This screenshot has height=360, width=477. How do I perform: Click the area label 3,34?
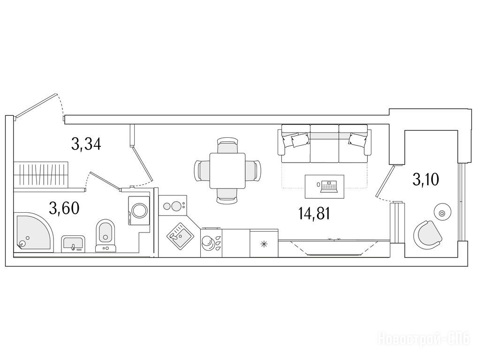click(86, 144)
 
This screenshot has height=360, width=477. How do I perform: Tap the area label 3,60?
click(64, 208)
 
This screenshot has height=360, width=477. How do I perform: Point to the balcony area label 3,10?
click(425, 180)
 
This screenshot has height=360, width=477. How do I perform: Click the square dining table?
click(227, 171)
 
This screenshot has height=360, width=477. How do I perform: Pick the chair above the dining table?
click(227, 146)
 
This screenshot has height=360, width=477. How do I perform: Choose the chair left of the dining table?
click(202, 171)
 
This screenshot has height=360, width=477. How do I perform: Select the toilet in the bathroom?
click(106, 236)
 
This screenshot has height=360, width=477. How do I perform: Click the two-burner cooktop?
click(173, 206)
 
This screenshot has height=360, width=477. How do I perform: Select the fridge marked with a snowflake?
click(264, 243)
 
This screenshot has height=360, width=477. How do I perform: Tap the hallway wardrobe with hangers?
click(42, 175)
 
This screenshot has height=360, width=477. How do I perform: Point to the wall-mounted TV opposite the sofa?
click(334, 247)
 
